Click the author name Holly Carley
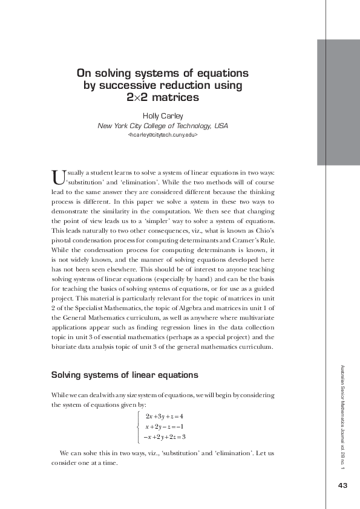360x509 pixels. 163,115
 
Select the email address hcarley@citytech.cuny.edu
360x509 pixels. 163,137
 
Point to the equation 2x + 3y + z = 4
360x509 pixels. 164,417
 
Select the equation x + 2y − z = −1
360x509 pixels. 164,426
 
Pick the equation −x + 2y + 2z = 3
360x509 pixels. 165,436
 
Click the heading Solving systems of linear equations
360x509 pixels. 125,375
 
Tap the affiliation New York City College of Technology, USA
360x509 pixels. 163,126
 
